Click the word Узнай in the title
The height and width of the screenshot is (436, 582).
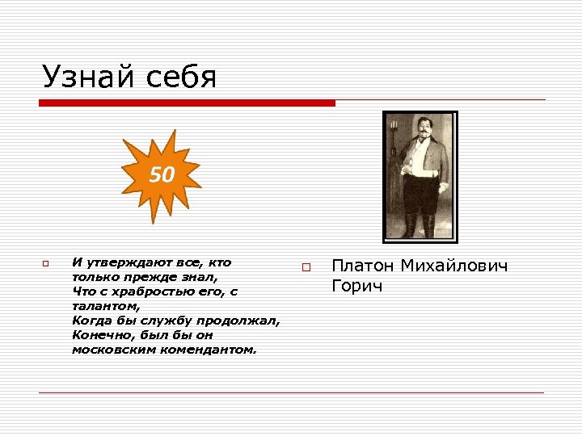pyautogui.click(x=90, y=78)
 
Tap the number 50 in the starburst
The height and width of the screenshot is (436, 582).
pyautogui.click(x=162, y=174)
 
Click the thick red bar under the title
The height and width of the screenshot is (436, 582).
pyautogui.click(x=187, y=103)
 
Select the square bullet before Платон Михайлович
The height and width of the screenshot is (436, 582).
pyautogui.click(x=306, y=267)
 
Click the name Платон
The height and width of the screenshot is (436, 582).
pyautogui.click(x=363, y=266)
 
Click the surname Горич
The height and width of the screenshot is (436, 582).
pyautogui.click(x=356, y=287)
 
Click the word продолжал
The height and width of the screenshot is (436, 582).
pyautogui.click(x=243, y=321)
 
